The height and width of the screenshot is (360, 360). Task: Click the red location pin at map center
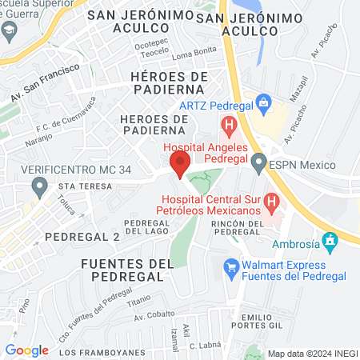pyautogui.click(x=179, y=165)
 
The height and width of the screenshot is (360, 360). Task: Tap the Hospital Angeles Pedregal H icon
pyautogui.click(x=230, y=125)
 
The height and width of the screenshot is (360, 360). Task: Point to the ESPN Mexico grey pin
pyautogui.click(x=258, y=164)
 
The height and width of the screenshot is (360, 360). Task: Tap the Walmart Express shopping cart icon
pyautogui.click(x=231, y=266)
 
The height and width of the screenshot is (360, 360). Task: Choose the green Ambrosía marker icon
pyautogui.click(x=329, y=240)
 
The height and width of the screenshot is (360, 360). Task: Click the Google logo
pyautogui.click(x=27, y=350)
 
